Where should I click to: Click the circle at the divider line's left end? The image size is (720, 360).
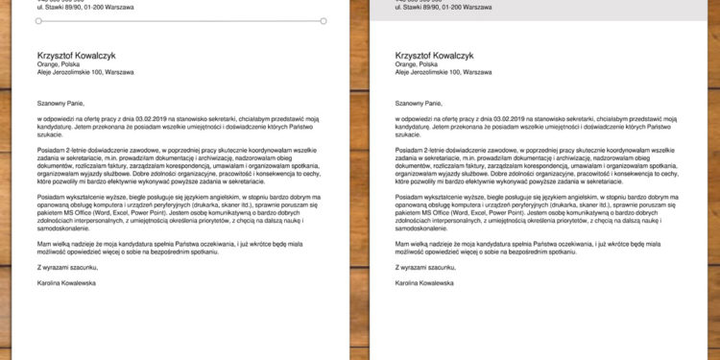pyautogui.click(x=37, y=20)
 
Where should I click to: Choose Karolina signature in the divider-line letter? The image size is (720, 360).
pyautogui.click(x=51, y=283)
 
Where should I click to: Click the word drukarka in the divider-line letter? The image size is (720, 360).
pyautogui.click(x=209, y=203)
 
